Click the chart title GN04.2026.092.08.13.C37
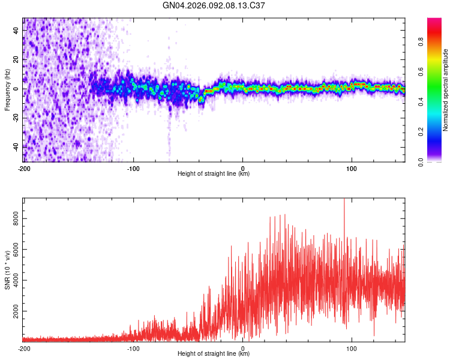click(214, 5)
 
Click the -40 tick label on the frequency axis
click(14, 146)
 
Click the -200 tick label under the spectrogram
click(24, 168)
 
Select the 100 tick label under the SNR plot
click(352, 348)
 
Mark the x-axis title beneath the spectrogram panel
click(214, 174)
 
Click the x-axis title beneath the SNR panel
click(214, 354)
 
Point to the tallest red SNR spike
click(344, 200)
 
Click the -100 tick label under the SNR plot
click(133, 348)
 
